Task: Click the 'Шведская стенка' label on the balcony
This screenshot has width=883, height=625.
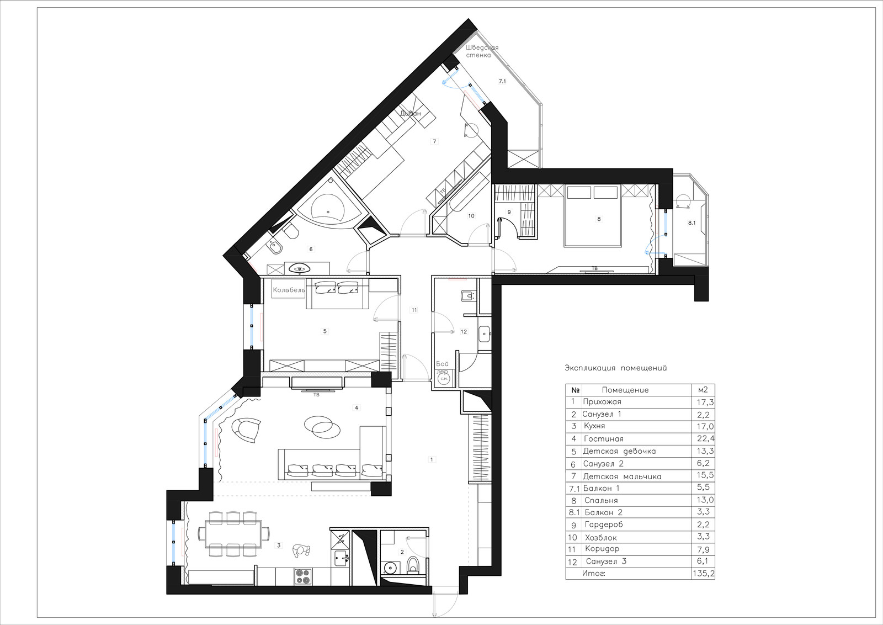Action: click(482, 51)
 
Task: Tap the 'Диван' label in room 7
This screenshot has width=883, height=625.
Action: click(411, 114)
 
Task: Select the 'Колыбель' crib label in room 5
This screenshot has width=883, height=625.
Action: click(289, 290)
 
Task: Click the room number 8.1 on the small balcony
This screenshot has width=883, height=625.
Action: click(691, 223)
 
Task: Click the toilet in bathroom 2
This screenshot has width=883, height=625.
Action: click(413, 564)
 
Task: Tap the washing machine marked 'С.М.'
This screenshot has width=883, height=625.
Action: click(444, 379)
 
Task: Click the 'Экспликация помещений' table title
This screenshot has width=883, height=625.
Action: click(616, 368)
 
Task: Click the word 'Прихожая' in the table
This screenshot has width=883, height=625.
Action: click(602, 402)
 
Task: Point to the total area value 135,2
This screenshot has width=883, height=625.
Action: click(704, 574)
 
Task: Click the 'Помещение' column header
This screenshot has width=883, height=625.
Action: click(625, 390)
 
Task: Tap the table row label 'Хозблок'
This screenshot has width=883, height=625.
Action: click(601, 537)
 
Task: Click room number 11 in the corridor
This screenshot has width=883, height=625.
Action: click(414, 310)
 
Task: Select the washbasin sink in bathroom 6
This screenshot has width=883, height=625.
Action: click(301, 269)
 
